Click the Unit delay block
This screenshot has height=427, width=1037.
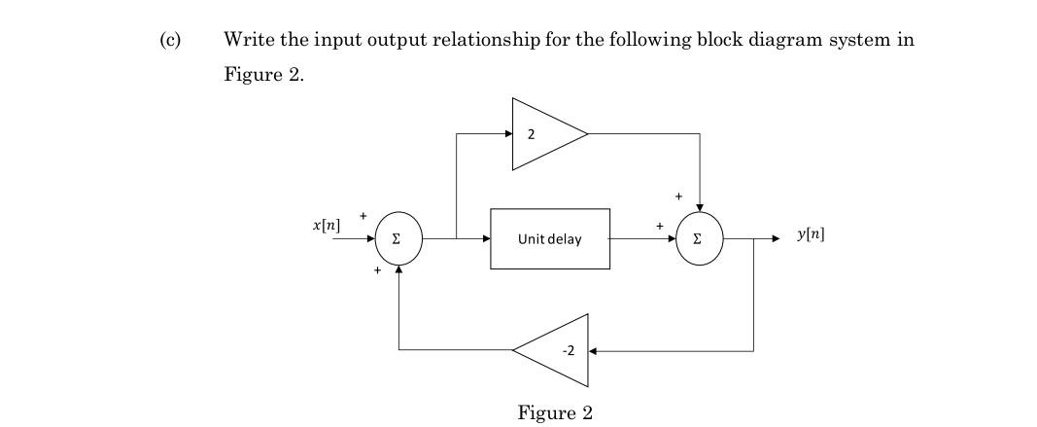550,238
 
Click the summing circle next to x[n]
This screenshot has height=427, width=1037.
398,238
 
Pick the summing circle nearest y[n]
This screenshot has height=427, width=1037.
700,238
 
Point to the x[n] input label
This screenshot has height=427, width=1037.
327,225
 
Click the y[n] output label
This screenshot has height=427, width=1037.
811,234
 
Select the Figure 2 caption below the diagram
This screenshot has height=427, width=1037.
555,412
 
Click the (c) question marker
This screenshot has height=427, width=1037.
170,40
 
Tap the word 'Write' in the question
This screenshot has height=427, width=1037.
248,40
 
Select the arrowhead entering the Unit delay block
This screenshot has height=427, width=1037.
485,238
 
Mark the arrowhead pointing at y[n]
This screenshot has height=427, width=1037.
774,238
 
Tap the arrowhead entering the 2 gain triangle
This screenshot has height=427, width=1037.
507,134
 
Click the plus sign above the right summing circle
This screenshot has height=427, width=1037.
679,196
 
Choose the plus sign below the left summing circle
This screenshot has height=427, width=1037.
376,270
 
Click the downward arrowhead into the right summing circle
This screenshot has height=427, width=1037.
700,206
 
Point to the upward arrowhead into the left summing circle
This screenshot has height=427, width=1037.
398,268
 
